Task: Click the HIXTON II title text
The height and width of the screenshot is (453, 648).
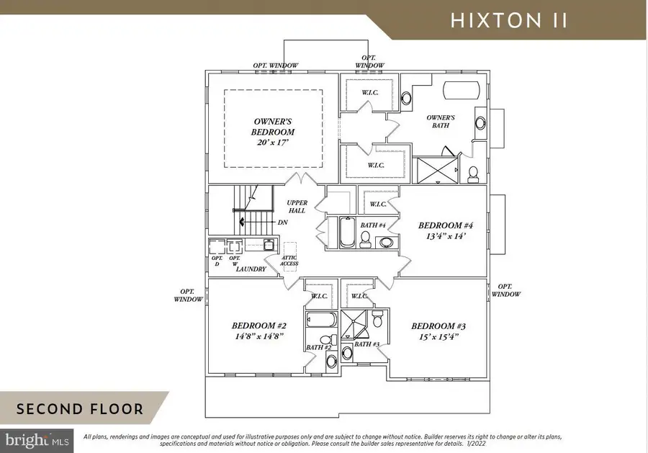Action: coord(509,20)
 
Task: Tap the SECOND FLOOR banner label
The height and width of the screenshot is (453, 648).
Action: coord(79,409)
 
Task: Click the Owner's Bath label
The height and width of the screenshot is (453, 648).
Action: coord(440,121)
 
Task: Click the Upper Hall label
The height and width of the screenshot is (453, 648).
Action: coord(296,207)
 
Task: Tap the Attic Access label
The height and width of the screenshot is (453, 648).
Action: coord(289,261)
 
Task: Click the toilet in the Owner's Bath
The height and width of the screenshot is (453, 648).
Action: coord(473,173)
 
